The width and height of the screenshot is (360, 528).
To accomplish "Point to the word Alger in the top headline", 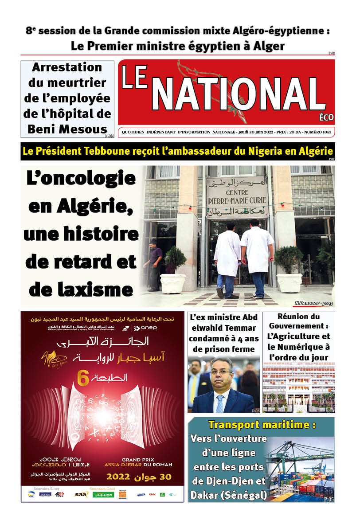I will tap(266, 46).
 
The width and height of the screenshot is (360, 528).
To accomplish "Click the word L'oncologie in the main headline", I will tap(81, 179).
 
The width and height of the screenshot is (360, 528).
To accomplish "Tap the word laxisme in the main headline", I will tap(81, 290).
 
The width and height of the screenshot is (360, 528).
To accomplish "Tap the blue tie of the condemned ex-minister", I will tap(220, 403).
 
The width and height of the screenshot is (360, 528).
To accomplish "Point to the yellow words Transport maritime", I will tap(262, 425).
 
